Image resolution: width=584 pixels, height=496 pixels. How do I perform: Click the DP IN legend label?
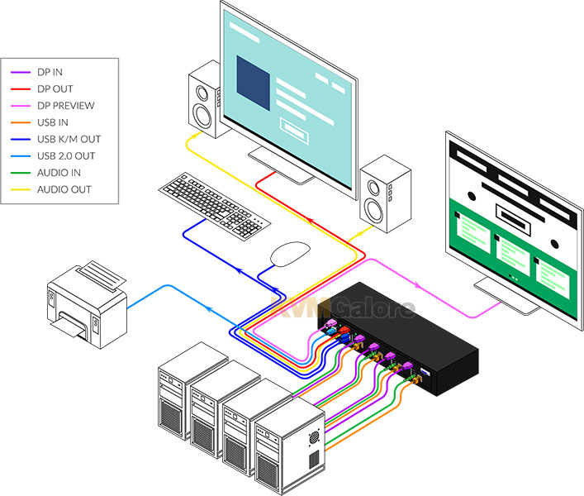click(50, 72)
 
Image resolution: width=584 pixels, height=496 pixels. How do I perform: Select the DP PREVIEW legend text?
click(66, 106)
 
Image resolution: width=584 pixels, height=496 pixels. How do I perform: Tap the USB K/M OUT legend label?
click(69, 140)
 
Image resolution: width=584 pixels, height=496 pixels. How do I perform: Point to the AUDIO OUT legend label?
click(64, 189)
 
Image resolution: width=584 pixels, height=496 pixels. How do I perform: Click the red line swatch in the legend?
click(21, 89)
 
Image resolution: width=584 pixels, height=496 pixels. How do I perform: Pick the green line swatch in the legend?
click(21, 173)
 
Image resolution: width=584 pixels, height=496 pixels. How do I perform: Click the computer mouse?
click(290, 254)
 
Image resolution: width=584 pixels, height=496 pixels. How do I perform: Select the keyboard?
click(215, 205)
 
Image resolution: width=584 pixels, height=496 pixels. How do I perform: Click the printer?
click(88, 304)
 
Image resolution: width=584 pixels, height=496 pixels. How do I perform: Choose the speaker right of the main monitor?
click(385, 193)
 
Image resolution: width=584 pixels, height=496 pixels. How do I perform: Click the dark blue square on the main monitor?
click(254, 83)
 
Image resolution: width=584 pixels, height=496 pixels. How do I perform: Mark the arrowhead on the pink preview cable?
click(418, 286)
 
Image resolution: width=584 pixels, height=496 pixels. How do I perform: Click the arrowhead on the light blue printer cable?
click(209, 308)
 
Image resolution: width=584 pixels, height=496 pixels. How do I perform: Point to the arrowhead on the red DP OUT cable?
click(309, 222)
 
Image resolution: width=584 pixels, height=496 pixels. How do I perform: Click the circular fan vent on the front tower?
click(315, 437)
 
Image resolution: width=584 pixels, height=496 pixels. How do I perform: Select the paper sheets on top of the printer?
click(102, 276)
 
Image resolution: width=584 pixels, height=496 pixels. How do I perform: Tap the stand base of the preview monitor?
click(506, 296)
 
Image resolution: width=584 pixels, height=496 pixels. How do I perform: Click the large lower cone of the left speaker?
click(202, 116)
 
